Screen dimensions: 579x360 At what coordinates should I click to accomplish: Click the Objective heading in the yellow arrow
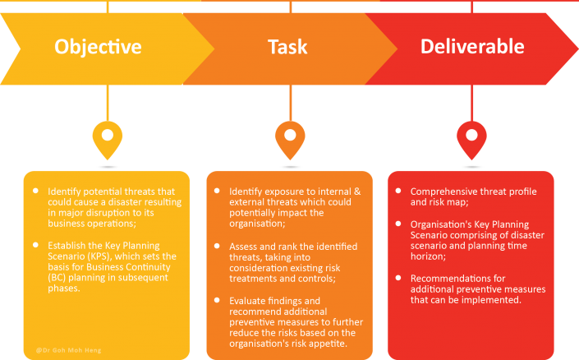98,47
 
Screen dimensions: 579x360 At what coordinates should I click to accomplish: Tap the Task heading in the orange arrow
287,47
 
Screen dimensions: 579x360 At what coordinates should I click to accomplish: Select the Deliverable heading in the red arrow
472,46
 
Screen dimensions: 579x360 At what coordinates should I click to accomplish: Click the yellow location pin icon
108,141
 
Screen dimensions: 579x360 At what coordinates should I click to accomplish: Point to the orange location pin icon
290,141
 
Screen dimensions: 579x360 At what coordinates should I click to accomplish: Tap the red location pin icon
471,141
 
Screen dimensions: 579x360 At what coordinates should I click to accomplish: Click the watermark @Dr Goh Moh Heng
69,350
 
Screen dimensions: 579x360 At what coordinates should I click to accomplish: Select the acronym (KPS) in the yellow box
99,256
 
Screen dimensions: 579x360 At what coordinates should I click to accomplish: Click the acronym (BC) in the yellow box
57,278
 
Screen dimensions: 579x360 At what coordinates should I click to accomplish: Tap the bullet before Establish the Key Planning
35,245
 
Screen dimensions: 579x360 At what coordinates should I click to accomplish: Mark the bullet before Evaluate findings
217,300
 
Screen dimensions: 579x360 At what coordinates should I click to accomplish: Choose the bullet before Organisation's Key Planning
398,224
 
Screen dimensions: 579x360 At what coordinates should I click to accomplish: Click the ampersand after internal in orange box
357,192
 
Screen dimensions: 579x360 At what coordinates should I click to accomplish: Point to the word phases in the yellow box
64,288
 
